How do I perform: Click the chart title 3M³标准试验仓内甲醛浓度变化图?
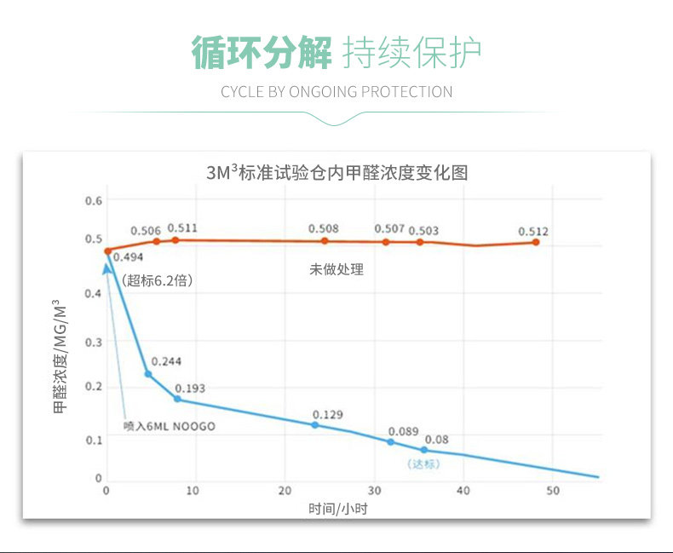[x=336, y=171]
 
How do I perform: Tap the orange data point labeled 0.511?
[x=175, y=240]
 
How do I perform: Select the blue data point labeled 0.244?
[x=148, y=374]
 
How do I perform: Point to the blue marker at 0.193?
[x=177, y=399]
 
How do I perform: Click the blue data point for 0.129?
[x=314, y=424]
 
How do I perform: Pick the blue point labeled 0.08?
[x=423, y=449]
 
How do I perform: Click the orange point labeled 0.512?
[x=536, y=242]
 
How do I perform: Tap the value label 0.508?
[x=324, y=228]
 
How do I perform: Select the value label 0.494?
[x=127, y=256]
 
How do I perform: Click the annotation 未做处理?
[x=336, y=269]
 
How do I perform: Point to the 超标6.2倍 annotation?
[x=156, y=279]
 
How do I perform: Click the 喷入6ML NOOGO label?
[x=169, y=426]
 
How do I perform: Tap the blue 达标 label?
[x=423, y=464]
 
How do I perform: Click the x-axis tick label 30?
[x=374, y=491]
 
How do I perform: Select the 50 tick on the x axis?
[x=553, y=491]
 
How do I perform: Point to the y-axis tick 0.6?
[x=94, y=201]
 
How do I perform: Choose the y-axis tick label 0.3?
[x=94, y=343]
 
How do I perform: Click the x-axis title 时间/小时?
[x=338, y=509]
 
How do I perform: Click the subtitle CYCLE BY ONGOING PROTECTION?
[x=336, y=92]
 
